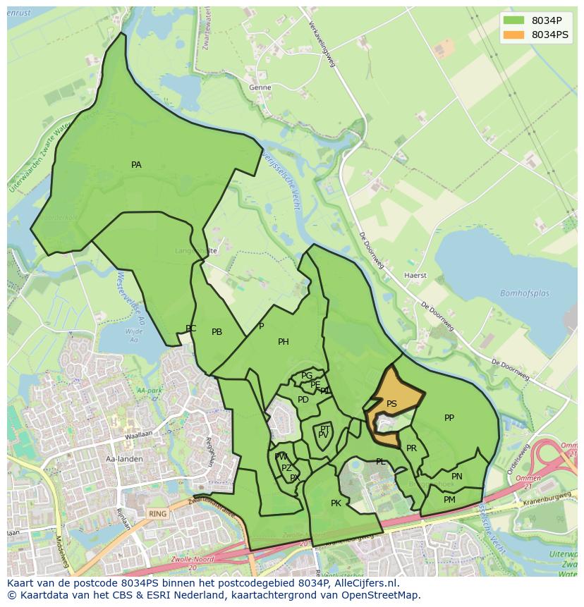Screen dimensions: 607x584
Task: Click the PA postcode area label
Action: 136,165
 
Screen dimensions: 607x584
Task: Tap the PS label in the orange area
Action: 391,404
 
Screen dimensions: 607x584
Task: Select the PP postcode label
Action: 449,418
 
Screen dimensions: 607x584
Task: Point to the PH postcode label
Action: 283,342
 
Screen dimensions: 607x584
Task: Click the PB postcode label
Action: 217,332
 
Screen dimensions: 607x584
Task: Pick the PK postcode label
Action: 336,503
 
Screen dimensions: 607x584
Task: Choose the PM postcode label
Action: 449,500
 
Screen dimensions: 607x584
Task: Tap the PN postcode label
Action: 457,477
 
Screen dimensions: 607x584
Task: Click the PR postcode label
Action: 411,448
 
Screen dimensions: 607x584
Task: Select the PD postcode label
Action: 303,400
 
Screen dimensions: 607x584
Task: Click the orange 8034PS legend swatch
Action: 514,35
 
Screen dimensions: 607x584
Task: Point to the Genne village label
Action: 260,88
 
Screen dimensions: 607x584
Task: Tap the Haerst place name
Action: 415,276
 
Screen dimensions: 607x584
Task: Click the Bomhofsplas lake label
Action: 524,293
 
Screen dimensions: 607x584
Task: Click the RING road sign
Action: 158,514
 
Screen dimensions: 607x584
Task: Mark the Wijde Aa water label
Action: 133,335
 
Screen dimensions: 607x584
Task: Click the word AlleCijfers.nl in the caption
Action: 365,583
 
